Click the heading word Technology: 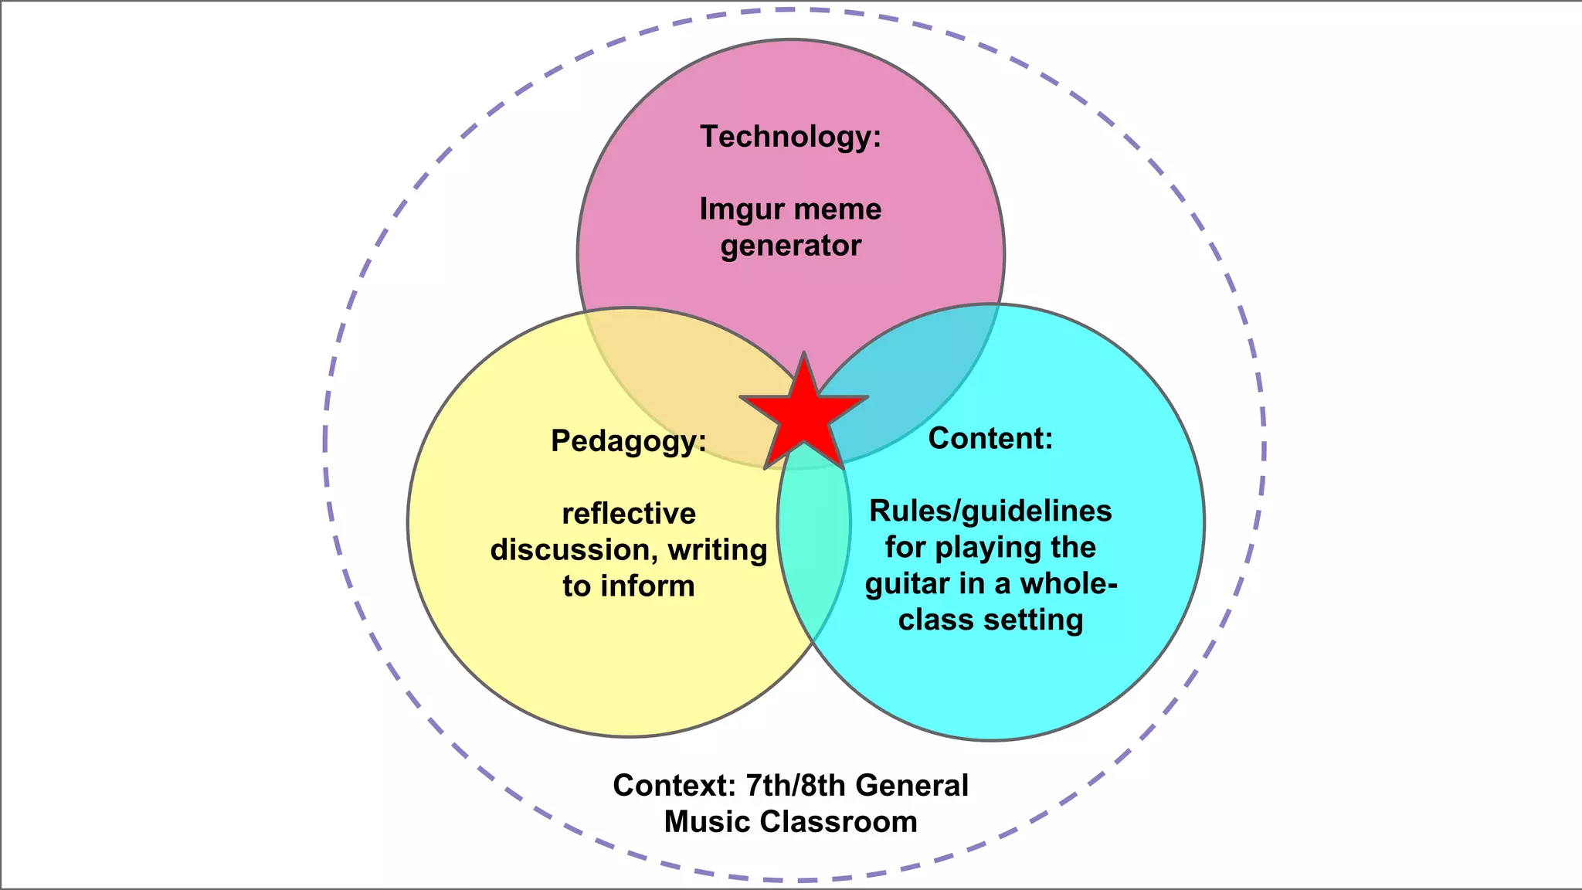pos(790,137)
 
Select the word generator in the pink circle pos(790,246)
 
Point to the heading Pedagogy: pos(628,441)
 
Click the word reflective pos(629,514)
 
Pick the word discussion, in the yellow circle pos(574,550)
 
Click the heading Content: pos(990,438)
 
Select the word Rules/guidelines pos(990,511)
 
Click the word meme pos(837,209)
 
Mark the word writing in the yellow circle pos(718,550)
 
